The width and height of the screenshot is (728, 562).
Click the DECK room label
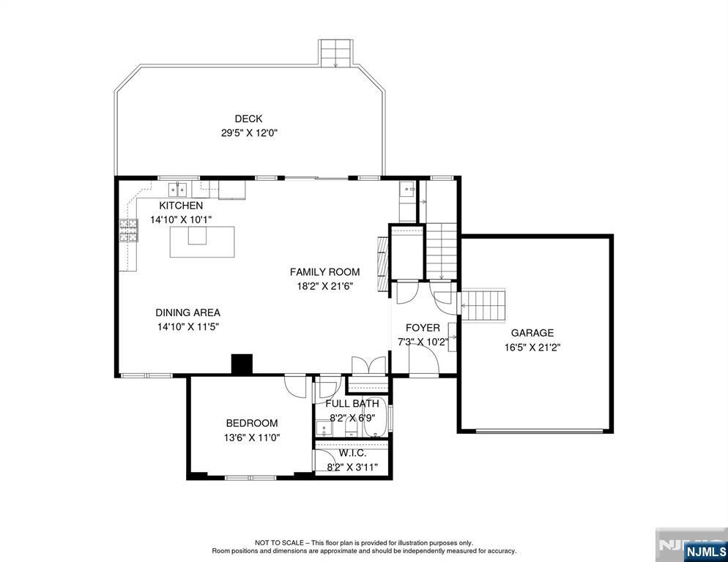pyautogui.click(x=248, y=119)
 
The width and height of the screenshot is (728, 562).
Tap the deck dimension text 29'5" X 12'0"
pyautogui.click(x=249, y=133)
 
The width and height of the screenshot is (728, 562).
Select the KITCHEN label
pyautogui.click(x=181, y=205)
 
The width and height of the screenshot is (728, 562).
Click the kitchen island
pyautogui.click(x=202, y=241)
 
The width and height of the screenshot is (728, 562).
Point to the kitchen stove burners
pyautogui.click(x=129, y=231)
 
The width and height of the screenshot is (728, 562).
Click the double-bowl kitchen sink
pyautogui.click(x=178, y=190)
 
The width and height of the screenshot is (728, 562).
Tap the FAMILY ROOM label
pyautogui.click(x=325, y=272)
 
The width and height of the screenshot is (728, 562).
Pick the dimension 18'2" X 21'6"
pyautogui.click(x=325, y=286)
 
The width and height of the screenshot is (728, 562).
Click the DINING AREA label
pyautogui.click(x=187, y=312)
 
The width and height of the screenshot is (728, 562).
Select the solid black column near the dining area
pyautogui.click(x=242, y=364)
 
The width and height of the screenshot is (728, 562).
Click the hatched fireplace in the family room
pyautogui.click(x=382, y=264)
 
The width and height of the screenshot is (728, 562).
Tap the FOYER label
pyautogui.click(x=423, y=328)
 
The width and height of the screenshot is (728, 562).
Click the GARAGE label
pyautogui.click(x=532, y=333)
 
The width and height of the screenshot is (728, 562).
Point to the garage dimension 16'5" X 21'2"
pyautogui.click(x=532, y=347)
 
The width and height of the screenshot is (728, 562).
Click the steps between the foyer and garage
pyautogui.click(x=483, y=306)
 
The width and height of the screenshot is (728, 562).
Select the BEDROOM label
pyautogui.click(x=252, y=423)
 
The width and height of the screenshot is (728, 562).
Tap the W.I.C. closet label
pyautogui.click(x=352, y=453)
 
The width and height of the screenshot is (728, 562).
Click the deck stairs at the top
pyautogui.click(x=335, y=53)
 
